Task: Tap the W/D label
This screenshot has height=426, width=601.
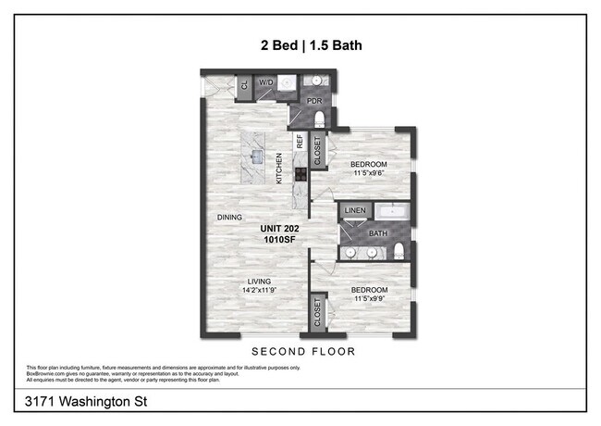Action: point(265,82)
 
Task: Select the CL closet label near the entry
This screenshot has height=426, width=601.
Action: point(244,85)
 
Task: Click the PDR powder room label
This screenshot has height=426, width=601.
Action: point(300,102)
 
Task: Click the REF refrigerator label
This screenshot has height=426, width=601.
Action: point(300,142)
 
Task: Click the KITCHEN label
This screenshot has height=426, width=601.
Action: point(278,169)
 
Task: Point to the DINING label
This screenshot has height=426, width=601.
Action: point(229,218)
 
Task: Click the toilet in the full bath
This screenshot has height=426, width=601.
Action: point(398,251)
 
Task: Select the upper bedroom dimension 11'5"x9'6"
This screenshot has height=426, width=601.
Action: point(368,171)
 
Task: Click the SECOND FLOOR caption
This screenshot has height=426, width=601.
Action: point(303,352)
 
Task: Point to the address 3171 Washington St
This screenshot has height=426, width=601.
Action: point(74,402)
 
